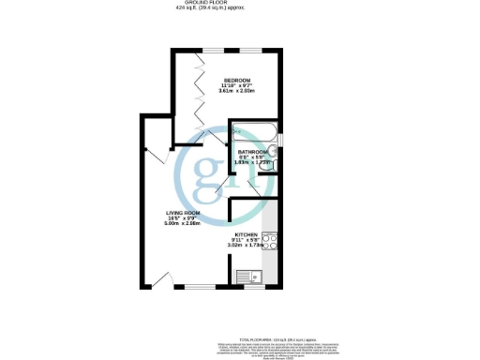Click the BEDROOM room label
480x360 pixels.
[x=236, y=80]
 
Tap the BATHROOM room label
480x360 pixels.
[x=252, y=152]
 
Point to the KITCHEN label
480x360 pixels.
[x=246, y=233]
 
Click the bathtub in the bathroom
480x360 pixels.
[x=255, y=133]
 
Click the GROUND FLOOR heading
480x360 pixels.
[x=239, y=4]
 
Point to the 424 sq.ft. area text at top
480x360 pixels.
[x=239, y=9]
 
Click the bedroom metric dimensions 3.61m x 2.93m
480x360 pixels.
[x=236, y=91]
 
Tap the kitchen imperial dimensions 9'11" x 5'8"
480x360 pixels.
[x=246, y=239]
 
